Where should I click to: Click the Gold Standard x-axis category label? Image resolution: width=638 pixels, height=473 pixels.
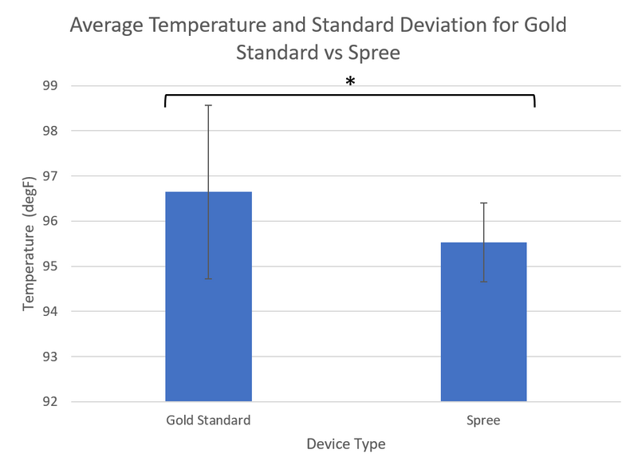click(208, 420)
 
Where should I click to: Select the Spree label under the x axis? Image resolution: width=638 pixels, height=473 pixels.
click(483, 420)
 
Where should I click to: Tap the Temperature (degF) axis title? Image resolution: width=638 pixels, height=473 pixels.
click(29, 244)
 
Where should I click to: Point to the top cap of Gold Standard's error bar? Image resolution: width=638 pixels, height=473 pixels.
click(208, 105)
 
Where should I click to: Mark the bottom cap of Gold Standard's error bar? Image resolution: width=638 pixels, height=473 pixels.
click(208, 279)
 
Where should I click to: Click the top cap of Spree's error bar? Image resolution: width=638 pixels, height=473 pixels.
click(483, 203)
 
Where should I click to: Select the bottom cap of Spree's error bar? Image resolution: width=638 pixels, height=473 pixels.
click(483, 282)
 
